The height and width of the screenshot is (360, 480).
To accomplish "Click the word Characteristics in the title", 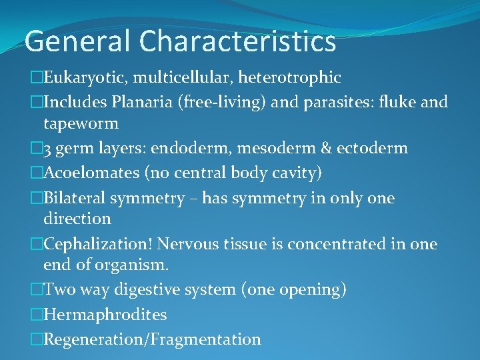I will (238, 41).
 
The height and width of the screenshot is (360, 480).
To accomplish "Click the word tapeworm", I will (81, 123).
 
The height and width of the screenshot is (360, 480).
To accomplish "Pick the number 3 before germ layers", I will (47, 148).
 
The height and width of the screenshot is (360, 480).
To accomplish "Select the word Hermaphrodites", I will (105, 314).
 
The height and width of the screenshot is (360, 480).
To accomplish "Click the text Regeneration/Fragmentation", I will (152, 339).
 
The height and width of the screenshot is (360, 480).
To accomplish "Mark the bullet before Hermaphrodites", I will (37, 314).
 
